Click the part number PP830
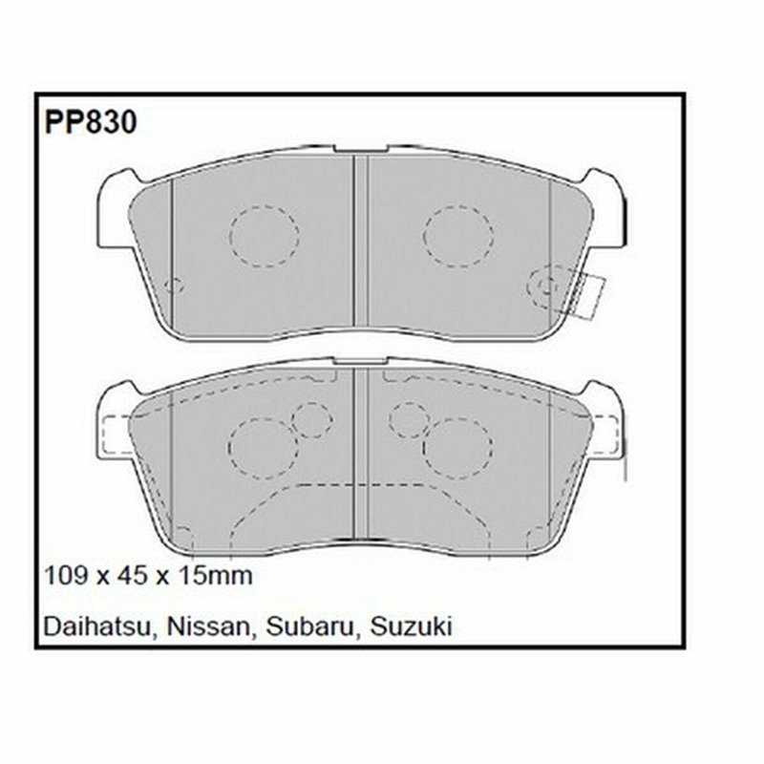tap(90, 122)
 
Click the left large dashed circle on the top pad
tap(264, 235)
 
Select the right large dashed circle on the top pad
tap(457, 235)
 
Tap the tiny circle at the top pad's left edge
tap(173, 285)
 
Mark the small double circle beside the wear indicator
tap(544, 285)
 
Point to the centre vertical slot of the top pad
tap(360, 244)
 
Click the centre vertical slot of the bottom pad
tap(360, 454)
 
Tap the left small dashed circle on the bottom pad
tap(311, 419)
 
